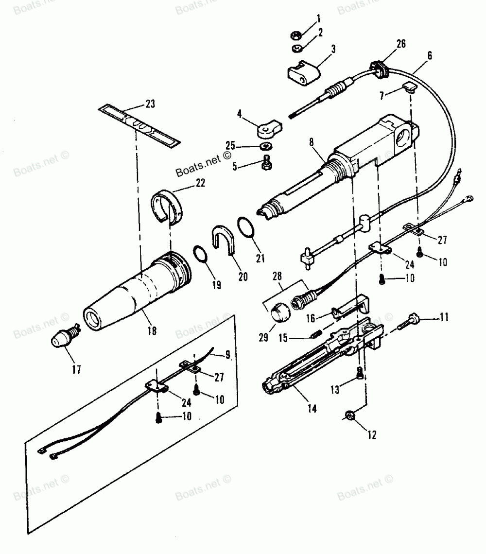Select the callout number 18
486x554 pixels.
tap(152, 330)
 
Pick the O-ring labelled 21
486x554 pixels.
tap(246, 227)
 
